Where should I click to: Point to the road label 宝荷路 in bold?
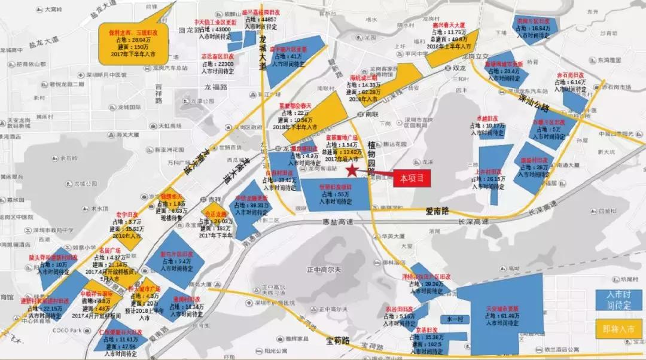[339, 341]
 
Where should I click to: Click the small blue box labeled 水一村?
[453, 320]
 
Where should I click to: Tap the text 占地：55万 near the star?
[335, 194]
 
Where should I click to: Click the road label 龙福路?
[216, 87]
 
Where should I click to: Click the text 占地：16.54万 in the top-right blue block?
[533, 28]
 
